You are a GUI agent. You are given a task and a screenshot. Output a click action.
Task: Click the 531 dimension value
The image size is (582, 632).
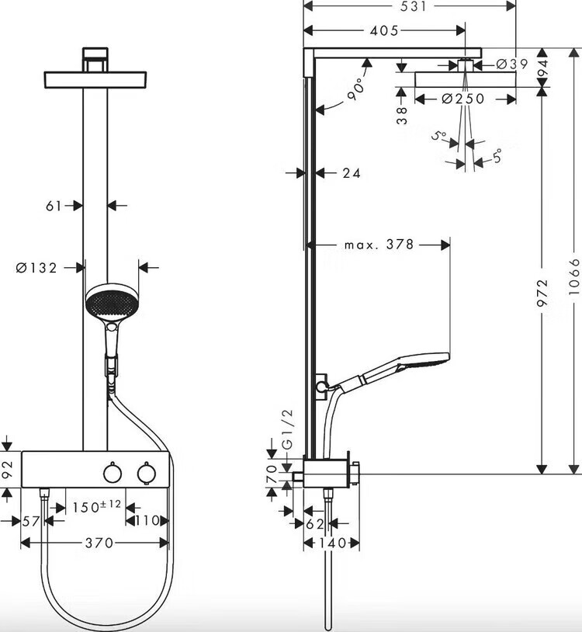click(x=414, y=6)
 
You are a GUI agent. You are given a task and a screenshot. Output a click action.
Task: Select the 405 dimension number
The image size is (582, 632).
click(x=384, y=30)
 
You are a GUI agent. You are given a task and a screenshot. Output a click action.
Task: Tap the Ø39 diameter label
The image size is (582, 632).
click(x=511, y=64)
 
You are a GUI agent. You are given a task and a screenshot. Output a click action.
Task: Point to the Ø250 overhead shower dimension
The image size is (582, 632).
click(x=462, y=99)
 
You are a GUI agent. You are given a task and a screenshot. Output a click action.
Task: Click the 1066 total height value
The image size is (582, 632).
click(x=574, y=276)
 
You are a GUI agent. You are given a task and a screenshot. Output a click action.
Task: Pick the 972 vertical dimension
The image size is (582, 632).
click(x=542, y=293)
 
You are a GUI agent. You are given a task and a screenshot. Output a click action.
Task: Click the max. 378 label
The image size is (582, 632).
click(x=379, y=245)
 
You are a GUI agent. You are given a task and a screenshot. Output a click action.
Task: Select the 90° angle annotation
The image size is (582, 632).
click(x=356, y=90)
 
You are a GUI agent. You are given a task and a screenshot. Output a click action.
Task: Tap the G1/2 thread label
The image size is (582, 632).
click(x=288, y=429)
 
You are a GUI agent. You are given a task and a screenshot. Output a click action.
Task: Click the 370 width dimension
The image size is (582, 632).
click(x=99, y=543)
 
